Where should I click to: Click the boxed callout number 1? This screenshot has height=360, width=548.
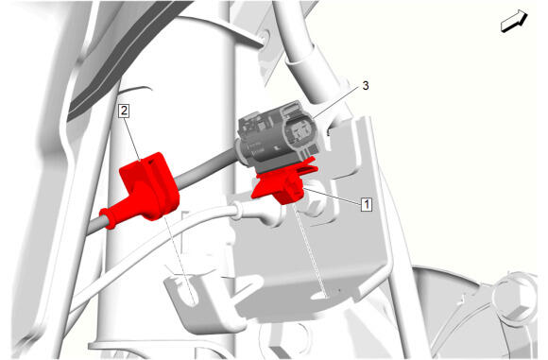click(367, 204)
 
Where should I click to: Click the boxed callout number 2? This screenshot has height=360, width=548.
click(124, 111)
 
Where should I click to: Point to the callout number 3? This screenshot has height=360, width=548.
click(366, 86)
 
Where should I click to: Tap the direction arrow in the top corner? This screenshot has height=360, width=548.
click(514, 22)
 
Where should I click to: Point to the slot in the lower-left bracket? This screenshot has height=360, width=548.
click(189, 289)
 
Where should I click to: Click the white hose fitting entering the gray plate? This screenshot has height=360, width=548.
click(259, 214)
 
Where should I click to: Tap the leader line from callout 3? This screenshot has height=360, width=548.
click(336, 102)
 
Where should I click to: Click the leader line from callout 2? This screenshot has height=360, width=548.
click(132, 139)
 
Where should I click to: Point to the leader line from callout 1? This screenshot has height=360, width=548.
click(332, 196)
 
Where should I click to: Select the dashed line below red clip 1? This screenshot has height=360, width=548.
click(310, 250)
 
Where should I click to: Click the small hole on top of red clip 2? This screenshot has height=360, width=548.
click(152, 163)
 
